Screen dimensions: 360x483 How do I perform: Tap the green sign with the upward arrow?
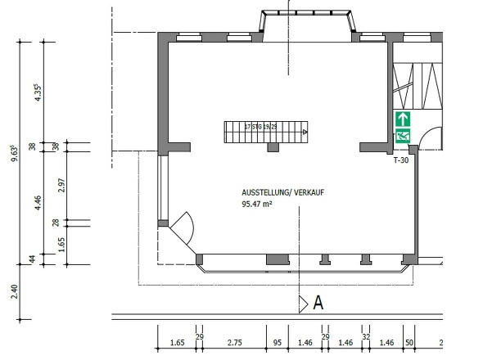point(403,118)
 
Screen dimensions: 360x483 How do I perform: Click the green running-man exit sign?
point(403,137)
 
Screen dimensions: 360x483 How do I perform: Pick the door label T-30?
point(401,161)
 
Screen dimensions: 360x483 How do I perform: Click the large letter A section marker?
point(319,304)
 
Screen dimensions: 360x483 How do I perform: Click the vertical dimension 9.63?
point(14,154)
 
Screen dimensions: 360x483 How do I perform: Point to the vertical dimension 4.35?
point(37,92)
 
